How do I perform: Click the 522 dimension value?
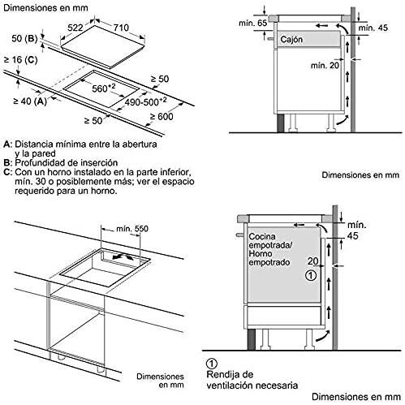[x=75, y=28]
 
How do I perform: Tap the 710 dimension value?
[x=121, y=28]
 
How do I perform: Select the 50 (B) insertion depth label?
[x=24, y=38]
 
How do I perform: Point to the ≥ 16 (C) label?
[x=20, y=59]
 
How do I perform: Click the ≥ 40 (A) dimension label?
[x=30, y=101]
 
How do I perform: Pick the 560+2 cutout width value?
[x=104, y=88]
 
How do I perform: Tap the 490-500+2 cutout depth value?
[x=145, y=101]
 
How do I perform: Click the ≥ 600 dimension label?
[x=162, y=116]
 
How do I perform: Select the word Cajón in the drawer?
[x=291, y=40]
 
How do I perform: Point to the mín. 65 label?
[x=252, y=24]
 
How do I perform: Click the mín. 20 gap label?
[x=325, y=65]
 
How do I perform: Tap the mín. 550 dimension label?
[x=132, y=229]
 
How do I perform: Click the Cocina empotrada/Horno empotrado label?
[x=270, y=249]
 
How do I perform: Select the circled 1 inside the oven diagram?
[x=311, y=275]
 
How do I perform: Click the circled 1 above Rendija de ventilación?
[x=212, y=364]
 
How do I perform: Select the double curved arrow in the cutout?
[x=123, y=256]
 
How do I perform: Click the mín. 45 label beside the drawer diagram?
[x=373, y=28]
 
